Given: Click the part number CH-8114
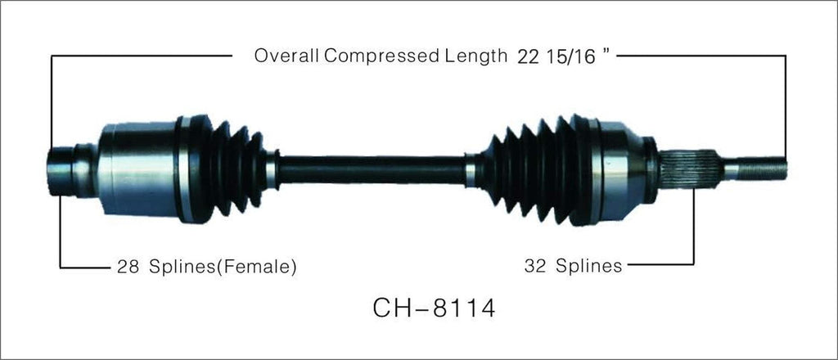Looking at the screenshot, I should (x=433, y=310).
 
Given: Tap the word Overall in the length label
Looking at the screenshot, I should (x=287, y=56).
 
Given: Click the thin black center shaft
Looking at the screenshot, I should (x=372, y=168).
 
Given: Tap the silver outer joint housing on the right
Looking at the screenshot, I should (x=624, y=169).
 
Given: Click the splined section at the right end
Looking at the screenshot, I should (x=689, y=169).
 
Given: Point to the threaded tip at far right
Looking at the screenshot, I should (x=757, y=169).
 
